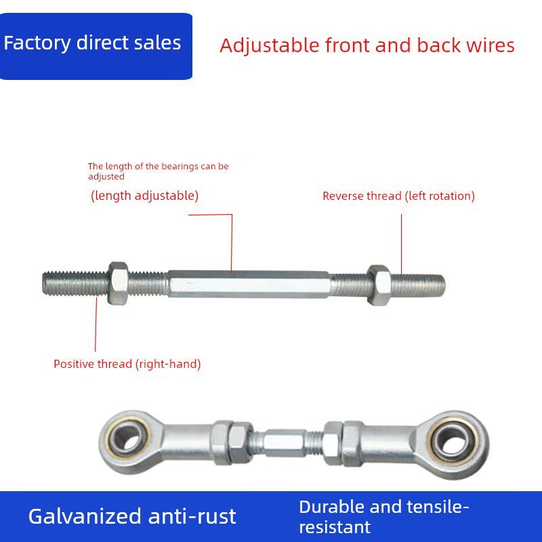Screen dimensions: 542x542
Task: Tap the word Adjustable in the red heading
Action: pyautogui.click(x=270, y=46)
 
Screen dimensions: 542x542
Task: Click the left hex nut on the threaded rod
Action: pyautogui.click(x=118, y=283)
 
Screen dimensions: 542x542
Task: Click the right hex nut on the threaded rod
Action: pyautogui.click(x=379, y=285)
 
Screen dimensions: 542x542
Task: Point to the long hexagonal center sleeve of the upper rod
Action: pyautogui.click(x=249, y=284)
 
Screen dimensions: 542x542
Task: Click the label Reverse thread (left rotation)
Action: pyautogui.click(x=398, y=196)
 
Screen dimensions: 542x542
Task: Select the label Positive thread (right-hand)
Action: pyautogui.click(x=127, y=364)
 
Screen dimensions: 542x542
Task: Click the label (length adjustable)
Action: pyautogui.click(x=144, y=196)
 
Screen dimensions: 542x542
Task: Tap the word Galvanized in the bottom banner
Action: pyautogui.click(x=85, y=516)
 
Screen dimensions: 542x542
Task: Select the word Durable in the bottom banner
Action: pyautogui.click(x=331, y=507)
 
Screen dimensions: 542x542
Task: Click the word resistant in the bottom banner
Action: pyautogui.click(x=335, y=528)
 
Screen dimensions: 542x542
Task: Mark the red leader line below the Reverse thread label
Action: pyautogui.click(x=401, y=244)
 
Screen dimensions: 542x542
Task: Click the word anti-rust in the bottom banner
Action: pyautogui.click(x=192, y=516)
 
